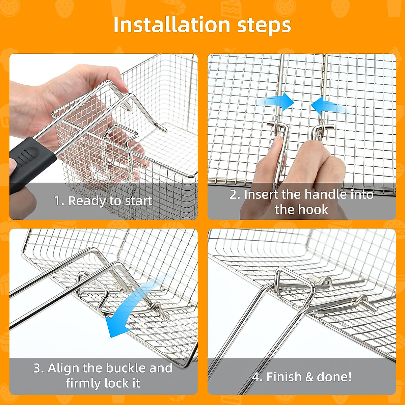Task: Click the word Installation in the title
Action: pos(172,25)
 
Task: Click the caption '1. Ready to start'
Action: pos(103,201)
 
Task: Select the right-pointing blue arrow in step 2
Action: pos(275,102)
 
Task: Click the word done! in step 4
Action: pos(334,377)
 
